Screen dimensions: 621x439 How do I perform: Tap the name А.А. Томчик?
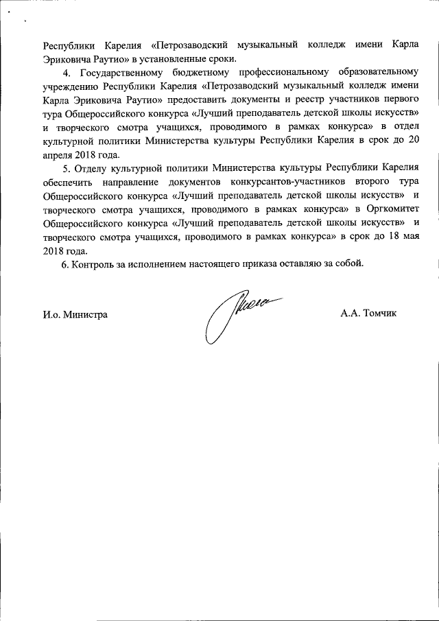(368, 314)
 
